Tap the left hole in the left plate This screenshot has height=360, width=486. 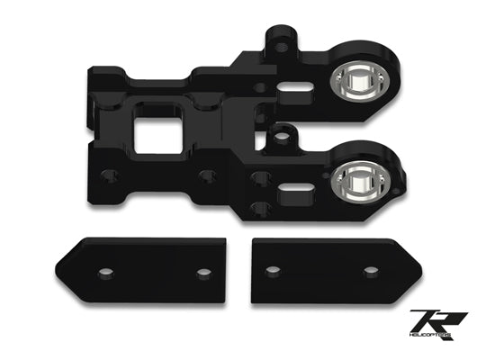pyautogui.click(x=107, y=272)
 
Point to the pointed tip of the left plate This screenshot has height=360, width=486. pyautogui.click(x=58, y=269)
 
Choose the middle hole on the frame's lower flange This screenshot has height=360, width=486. pyautogui.click(x=208, y=175)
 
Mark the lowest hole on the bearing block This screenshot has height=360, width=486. pyautogui.click(x=261, y=209)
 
